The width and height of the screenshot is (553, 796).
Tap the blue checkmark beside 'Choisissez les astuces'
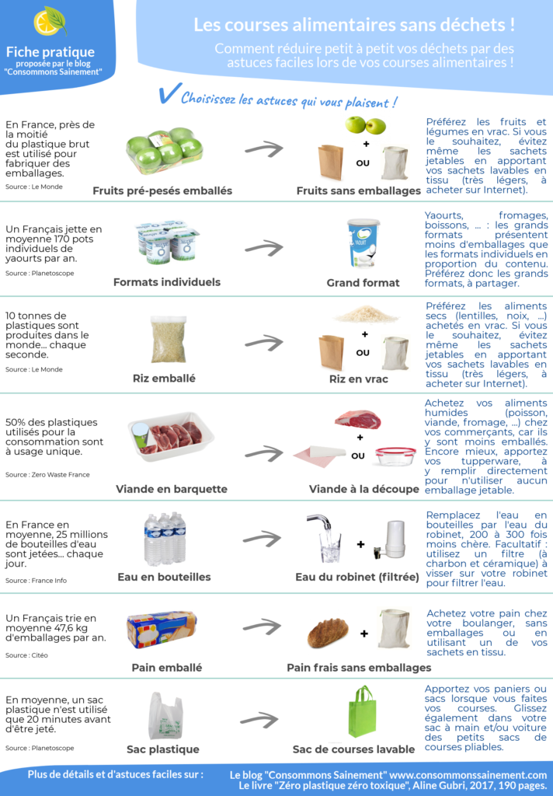click(x=166, y=96)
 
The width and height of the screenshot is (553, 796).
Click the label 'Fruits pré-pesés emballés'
click(x=162, y=190)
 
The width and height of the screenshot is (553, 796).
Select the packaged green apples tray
click(x=164, y=150)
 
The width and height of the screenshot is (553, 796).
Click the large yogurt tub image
click(x=363, y=243)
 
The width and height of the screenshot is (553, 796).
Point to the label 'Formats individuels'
click(x=166, y=282)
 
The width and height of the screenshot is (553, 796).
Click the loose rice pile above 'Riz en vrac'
click(x=366, y=314)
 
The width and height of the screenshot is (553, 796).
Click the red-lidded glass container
click(x=395, y=456)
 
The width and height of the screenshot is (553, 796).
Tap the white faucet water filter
click(x=395, y=538)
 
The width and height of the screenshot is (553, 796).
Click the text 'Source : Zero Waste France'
click(x=47, y=474)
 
